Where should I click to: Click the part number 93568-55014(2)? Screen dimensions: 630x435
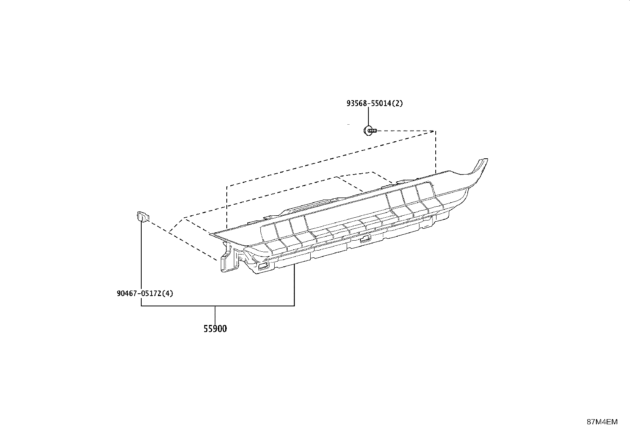point(374,104)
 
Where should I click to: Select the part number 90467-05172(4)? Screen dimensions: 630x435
point(145,293)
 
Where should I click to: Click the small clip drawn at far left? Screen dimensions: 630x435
point(143,217)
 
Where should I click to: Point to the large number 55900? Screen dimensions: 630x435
point(215,329)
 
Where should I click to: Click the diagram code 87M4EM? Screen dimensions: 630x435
point(602,422)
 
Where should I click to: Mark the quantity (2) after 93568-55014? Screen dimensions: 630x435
point(397,104)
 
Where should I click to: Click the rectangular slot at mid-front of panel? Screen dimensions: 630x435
point(365,239)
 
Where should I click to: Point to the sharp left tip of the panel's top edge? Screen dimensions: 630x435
point(210,234)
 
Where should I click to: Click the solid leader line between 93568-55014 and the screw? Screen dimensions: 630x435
point(368,116)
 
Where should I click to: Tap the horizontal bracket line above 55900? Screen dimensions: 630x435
point(218,306)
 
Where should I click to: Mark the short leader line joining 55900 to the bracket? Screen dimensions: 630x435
point(215,315)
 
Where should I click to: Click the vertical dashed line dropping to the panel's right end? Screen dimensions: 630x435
point(436,152)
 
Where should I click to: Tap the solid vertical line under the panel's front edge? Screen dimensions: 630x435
point(294,285)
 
